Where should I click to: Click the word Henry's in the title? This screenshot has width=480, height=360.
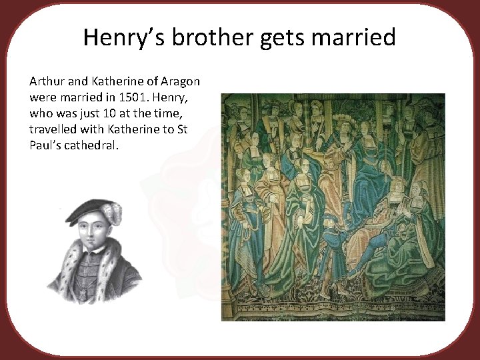click(123, 37)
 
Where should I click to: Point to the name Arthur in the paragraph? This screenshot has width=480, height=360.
click(45, 81)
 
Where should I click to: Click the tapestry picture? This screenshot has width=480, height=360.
click(333, 207)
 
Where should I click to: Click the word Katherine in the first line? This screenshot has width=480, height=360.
click(119, 81)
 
